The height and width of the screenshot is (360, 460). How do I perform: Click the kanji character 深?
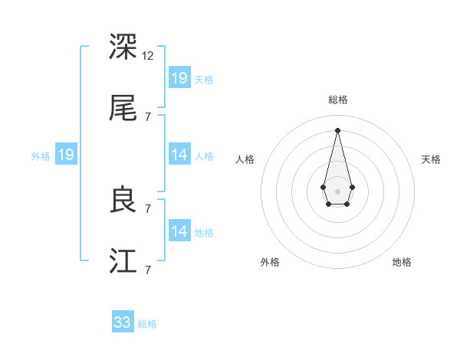point(123,47)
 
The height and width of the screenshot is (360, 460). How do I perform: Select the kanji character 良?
point(123,200)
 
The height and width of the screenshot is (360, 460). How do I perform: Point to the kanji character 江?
point(123,261)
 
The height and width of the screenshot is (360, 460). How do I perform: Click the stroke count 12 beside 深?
point(148,56)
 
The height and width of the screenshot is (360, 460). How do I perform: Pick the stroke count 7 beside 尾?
point(148,117)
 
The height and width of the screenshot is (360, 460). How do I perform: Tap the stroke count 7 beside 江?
point(148,270)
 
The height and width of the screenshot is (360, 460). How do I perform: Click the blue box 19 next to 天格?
point(179,77)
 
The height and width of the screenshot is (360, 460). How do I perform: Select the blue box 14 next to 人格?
point(179,154)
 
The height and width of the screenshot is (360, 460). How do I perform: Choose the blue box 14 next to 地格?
point(179,231)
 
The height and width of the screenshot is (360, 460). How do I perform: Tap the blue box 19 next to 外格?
point(66,155)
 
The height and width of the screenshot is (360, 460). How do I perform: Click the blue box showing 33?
point(123,322)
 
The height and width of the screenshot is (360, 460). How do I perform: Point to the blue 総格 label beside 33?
point(147,324)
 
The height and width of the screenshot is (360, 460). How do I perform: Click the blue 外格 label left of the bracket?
point(41,155)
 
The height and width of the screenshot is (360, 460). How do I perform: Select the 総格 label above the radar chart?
point(338,100)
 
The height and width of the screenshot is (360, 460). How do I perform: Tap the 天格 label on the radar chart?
point(432,159)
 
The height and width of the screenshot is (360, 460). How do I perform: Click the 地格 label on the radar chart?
point(402,262)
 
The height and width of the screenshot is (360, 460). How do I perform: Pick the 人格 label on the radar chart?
point(245,159)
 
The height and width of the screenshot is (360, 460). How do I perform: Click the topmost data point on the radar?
point(338,130)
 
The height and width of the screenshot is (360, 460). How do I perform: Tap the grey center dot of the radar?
point(338,190)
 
